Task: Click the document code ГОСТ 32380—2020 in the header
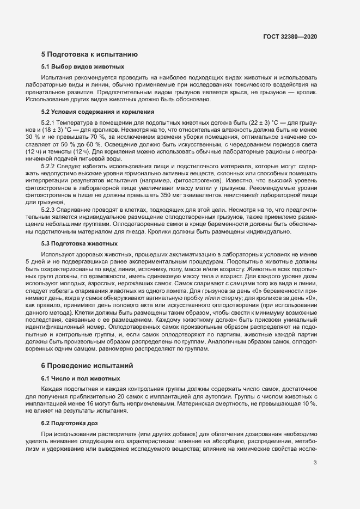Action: [x=290, y=37]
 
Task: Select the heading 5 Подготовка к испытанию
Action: [x=85, y=54]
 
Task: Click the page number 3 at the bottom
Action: [x=315, y=463]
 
